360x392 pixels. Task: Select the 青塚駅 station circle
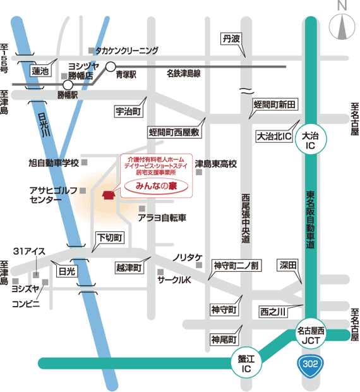[111, 66]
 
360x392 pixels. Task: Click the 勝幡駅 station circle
[68, 83]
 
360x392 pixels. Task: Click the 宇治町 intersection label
[129, 111]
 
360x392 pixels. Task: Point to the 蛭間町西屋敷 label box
[174, 133]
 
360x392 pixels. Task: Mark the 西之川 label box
[272, 311]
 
